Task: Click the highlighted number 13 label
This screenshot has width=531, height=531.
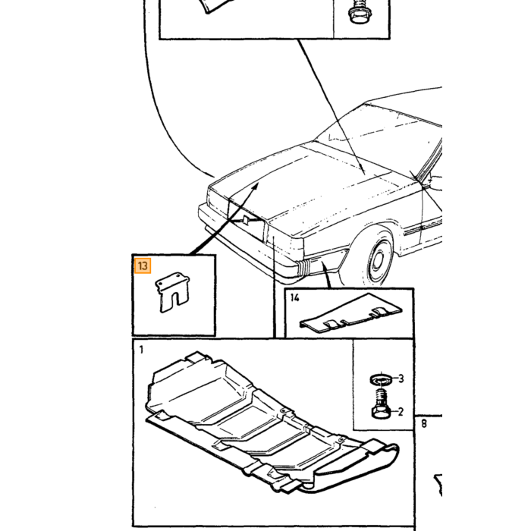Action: pos(143,265)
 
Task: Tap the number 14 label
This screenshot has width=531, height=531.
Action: pos(294,297)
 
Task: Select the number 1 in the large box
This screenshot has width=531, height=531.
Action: pos(141,350)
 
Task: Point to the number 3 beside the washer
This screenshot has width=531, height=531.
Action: pos(401,379)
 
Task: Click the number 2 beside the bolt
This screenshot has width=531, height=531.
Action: pos(401,412)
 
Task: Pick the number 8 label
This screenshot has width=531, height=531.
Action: pos(424,423)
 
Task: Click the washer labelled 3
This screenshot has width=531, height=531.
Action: pos(382,379)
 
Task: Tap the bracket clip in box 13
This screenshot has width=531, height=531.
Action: pos(172,291)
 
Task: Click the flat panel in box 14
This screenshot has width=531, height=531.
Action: pos(350,313)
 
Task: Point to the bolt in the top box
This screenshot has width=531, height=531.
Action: pos(360,12)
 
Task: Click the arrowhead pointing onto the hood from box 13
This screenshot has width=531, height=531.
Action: pos(255,187)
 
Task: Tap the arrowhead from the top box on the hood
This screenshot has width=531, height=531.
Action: pos(362,171)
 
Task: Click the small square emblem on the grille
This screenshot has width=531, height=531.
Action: pos(247,220)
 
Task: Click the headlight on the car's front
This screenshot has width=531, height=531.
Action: pos(218,201)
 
